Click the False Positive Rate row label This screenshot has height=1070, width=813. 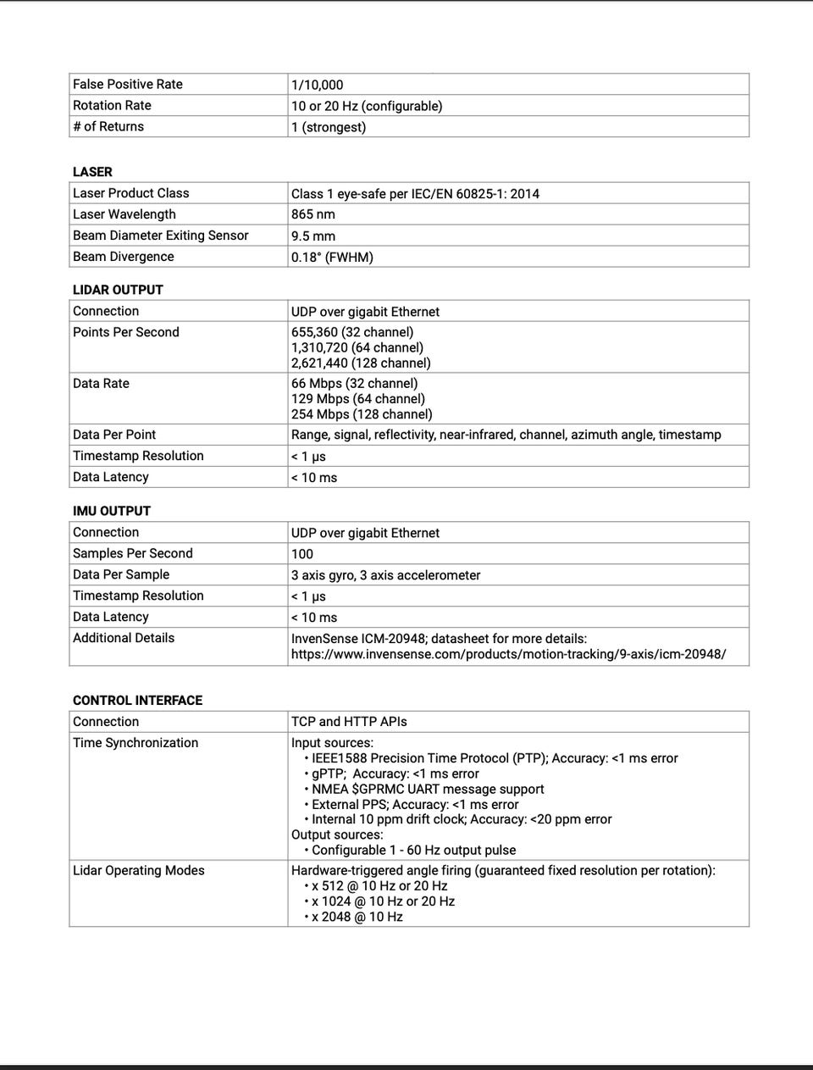(128, 84)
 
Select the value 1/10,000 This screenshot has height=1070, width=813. (317, 85)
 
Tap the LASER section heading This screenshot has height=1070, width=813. (92, 171)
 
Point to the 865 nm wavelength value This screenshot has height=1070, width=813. (313, 214)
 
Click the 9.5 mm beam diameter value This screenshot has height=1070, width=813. (313, 236)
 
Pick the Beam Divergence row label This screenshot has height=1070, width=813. (124, 257)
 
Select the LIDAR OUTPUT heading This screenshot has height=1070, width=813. (118, 289)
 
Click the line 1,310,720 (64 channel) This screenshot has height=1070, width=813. (357, 347)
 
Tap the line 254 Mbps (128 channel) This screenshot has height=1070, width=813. (362, 414)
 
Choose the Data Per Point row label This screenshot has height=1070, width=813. (114, 435)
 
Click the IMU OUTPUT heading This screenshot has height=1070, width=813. (112, 511)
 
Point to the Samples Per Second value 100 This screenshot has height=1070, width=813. (302, 554)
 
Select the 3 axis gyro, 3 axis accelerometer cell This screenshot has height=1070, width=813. (385, 575)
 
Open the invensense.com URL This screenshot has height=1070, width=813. (508, 654)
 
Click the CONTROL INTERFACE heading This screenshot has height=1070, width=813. (137, 701)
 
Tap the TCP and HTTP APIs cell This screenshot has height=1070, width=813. (349, 722)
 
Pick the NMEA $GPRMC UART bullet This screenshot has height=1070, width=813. (427, 789)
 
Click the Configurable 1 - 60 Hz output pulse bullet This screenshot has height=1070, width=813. (413, 850)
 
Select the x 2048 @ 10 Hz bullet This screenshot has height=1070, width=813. (357, 917)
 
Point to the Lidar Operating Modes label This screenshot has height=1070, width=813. (139, 870)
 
